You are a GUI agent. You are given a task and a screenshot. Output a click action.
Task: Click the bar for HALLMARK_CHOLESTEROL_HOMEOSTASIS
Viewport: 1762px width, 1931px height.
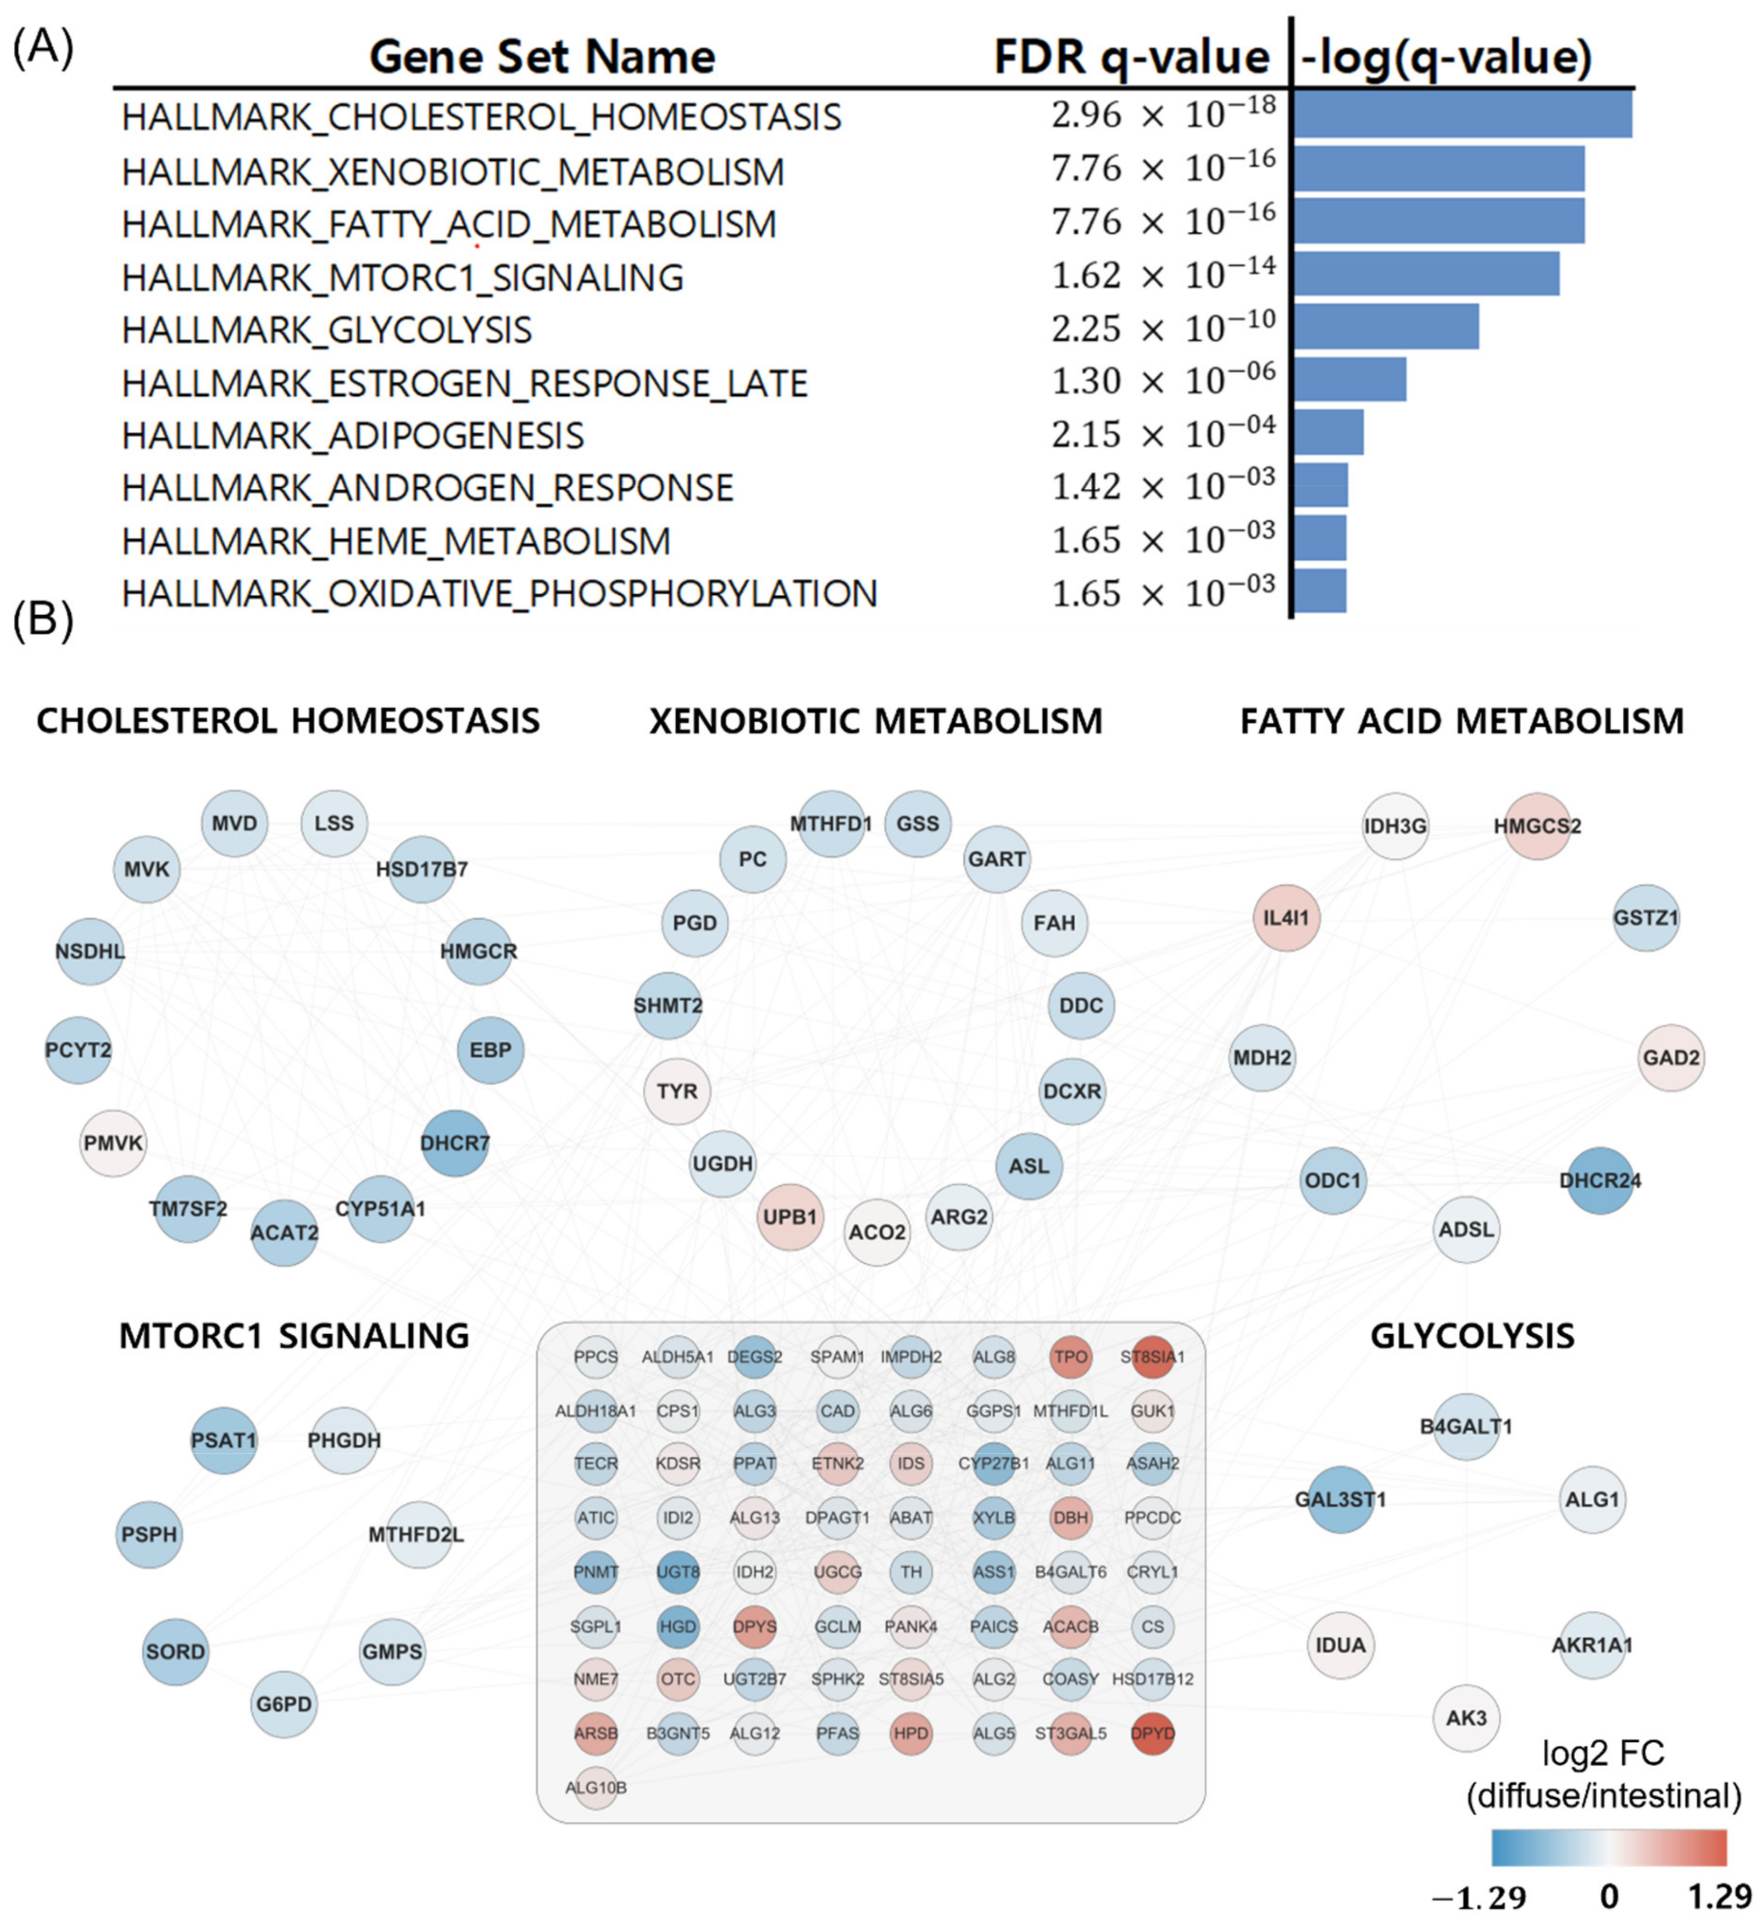pyautogui.click(x=1461, y=114)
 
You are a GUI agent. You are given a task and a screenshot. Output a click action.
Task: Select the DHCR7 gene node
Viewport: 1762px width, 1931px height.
pyautogui.click(x=455, y=1143)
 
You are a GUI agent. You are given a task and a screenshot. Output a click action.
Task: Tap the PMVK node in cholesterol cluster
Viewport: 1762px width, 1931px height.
pyautogui.click(x=113, y=1143)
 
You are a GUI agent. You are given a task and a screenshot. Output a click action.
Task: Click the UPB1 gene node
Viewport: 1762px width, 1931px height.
pyautogui.click(x=790, y=1216)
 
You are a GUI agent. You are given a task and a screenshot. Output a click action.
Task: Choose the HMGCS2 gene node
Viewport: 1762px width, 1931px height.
pyautogui.click(x=1537, y=826)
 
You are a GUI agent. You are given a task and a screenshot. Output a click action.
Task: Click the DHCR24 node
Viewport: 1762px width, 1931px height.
pyautogui.click(x=1600, y=1180)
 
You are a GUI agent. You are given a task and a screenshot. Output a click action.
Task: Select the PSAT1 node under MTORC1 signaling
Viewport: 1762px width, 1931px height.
pyautogui.click(x=224, y=1439)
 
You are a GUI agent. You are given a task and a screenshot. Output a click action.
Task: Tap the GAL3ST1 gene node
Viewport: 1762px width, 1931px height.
pyautogui.click(x=1341, y=1499)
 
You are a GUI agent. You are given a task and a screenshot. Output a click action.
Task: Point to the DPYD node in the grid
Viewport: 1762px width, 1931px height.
pyautogui.click(x=1153, y=1733)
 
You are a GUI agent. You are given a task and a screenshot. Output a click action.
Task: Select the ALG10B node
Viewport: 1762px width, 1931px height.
pyautogui.click(x=596, y=1787)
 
